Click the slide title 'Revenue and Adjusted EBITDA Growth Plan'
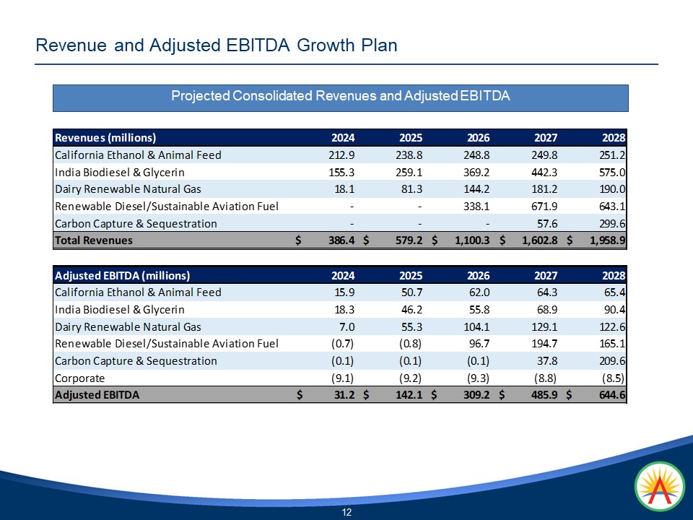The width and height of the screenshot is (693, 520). click(217, 45)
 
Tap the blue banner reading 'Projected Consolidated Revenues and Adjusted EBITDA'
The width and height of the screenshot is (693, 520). click(340, 97)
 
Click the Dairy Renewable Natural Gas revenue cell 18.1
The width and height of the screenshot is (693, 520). click(340, 189)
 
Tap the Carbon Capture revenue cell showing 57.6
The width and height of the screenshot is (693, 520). click(546, 223)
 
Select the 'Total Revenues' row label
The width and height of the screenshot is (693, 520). click(94, 240)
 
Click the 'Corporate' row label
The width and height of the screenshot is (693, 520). click(80, 378)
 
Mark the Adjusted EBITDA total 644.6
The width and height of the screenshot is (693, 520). click(609, 395)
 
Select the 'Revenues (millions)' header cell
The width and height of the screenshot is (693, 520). click(105, 137)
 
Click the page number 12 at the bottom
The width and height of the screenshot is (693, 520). click(346, 512)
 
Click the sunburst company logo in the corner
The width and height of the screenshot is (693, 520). click(659, 485)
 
